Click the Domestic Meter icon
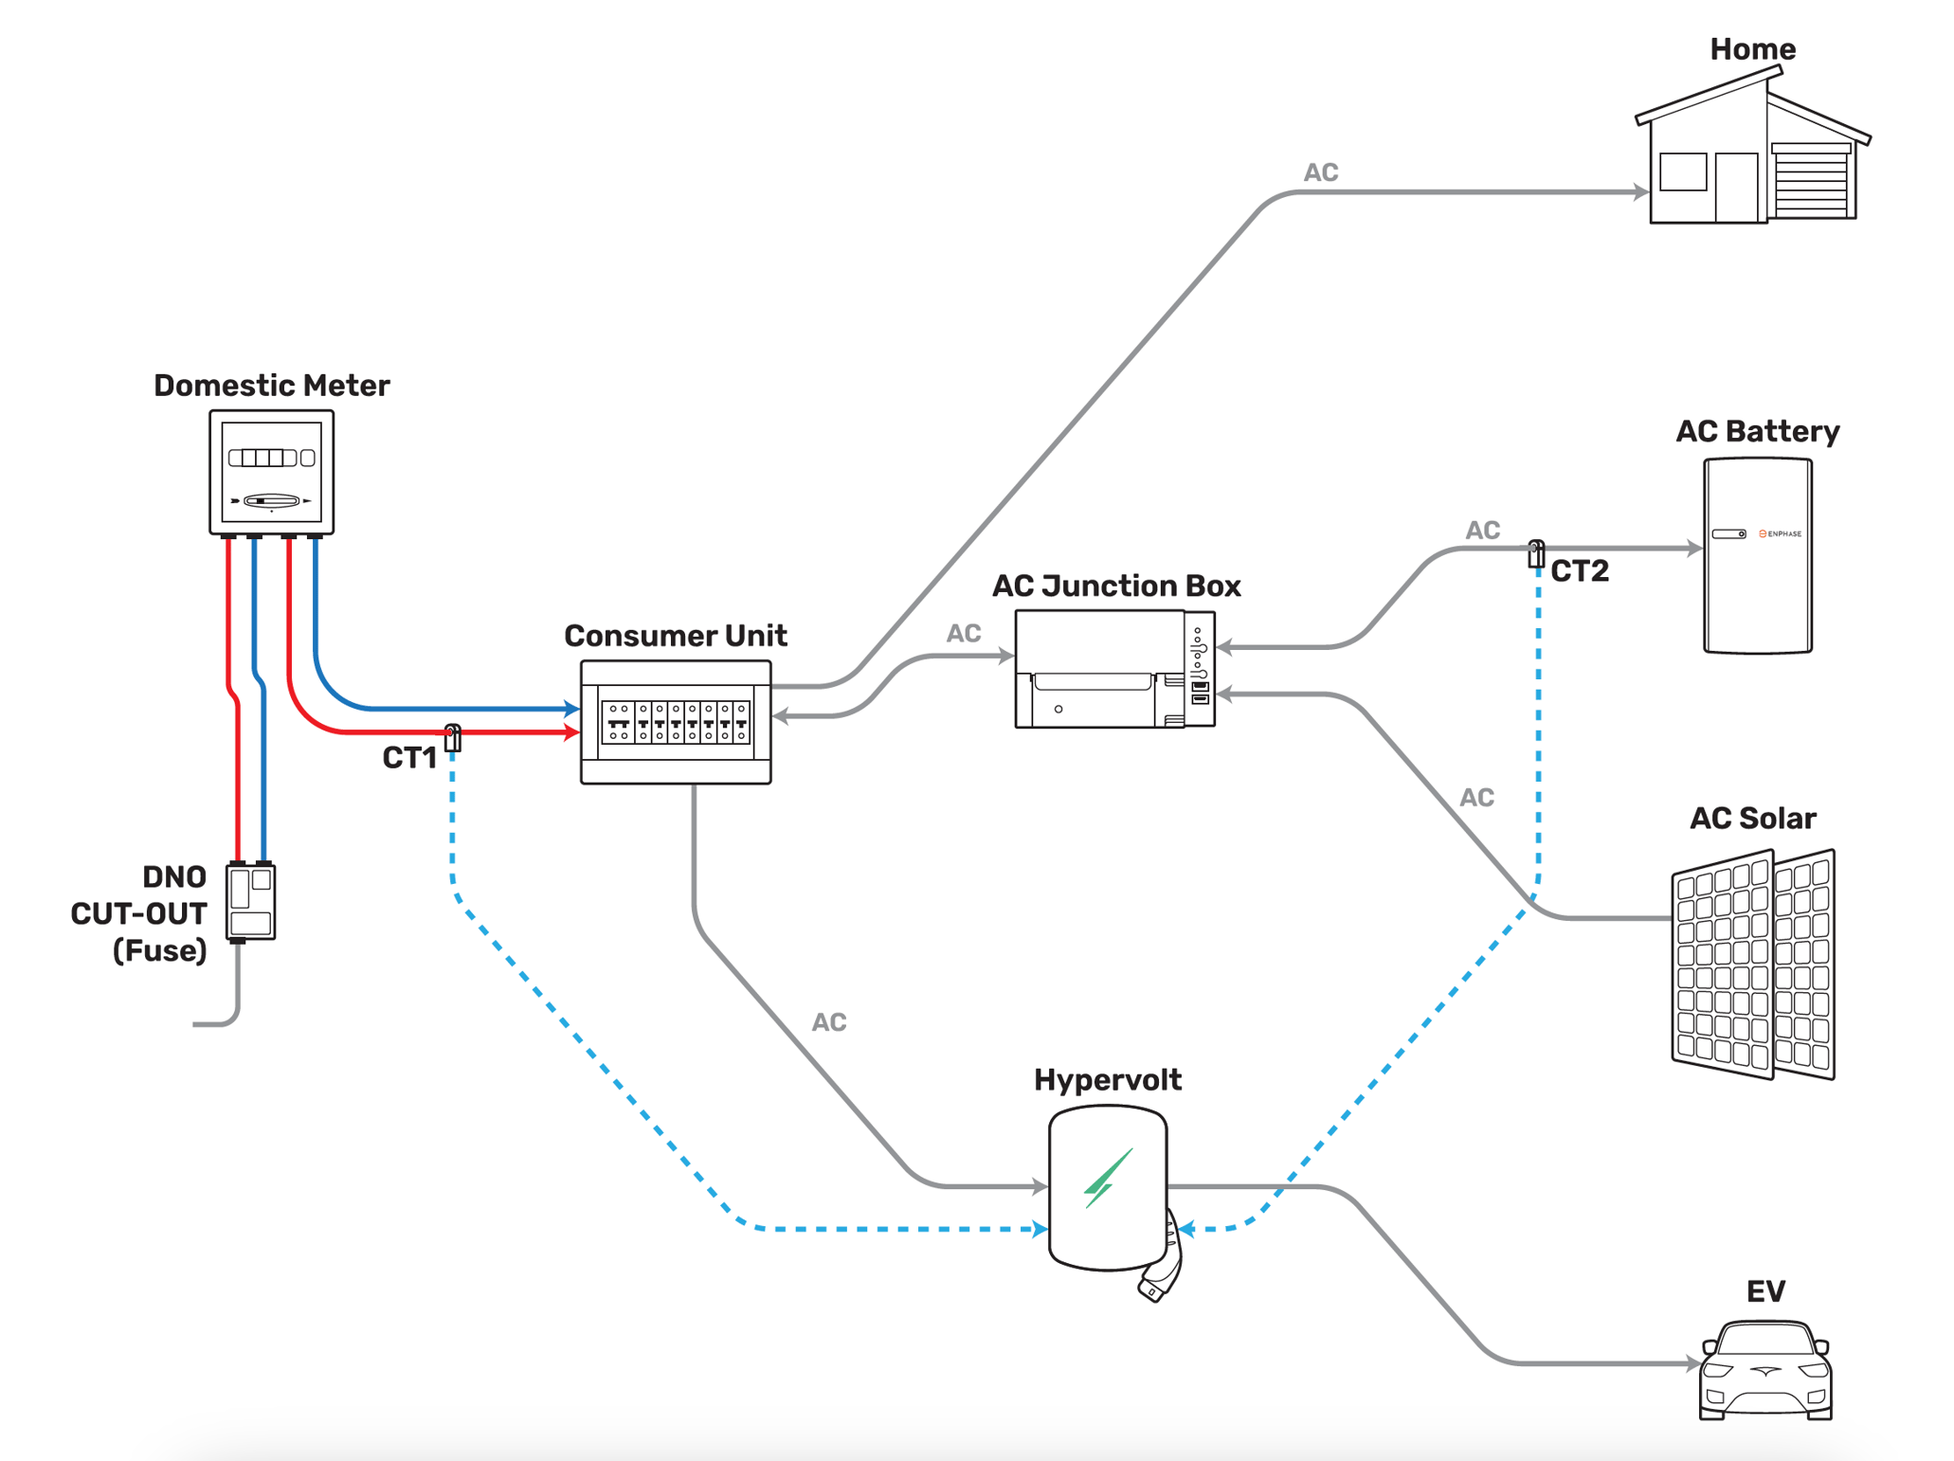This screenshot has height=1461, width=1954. click(x=271, y=472)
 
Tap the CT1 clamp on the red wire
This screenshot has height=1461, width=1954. click(x=453, y=737)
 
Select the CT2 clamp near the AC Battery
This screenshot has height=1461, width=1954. click(x=1536, y=553)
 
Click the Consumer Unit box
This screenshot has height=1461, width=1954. click(x=676, y=722)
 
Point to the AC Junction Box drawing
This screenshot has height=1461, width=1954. click(x=1114, y=669)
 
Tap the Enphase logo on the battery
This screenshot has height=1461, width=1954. click(x=1781, y=533)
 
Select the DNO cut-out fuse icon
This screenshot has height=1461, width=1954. click(x=251, y=901)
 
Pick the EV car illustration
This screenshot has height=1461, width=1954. click(x=1765, y=1371)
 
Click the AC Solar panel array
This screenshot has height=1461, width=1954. click(x=1753, y=965)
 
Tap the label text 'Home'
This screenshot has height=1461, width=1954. click(x=1752, y=49)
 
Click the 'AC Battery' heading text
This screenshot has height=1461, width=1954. click(x=1757, y=432)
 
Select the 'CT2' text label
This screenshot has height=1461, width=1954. click(x=1580, y=571)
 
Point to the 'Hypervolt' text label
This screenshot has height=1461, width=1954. click(x=1107, y=1080)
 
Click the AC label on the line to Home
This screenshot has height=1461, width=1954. click(x=1320, y=172)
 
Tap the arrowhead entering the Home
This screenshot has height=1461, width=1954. click(x=1640, y=192)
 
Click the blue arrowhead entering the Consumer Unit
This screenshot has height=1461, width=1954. click(x=571, y=708)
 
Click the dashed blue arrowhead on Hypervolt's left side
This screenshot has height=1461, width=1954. click(x=1040, y=1229)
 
